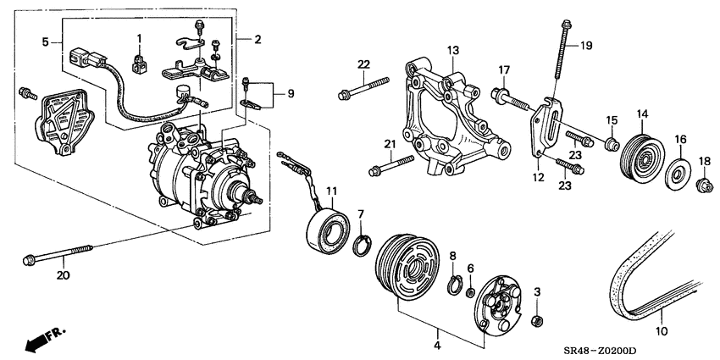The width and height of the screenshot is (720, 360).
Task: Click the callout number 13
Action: (x=453, y=51)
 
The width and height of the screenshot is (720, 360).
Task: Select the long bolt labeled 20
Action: (x=58, y=254)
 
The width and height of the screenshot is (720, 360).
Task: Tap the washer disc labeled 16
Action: (x=678, y=174)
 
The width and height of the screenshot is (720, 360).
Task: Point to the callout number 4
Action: (x=437, y=345)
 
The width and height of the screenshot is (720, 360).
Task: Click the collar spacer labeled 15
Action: (x=612, y=143)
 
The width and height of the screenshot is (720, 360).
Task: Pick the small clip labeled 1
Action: (x=139, y=64)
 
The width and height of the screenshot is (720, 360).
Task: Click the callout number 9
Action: (x=291, y=93)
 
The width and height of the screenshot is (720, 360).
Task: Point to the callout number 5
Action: (x=45, y=42)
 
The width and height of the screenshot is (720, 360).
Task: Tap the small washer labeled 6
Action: (x=470, y=293)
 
